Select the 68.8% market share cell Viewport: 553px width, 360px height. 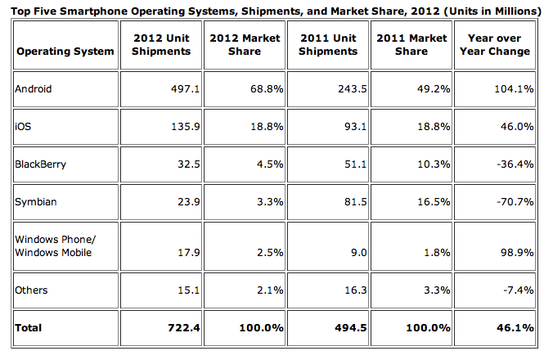(268, 88)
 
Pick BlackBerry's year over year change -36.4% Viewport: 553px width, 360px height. (516, 164)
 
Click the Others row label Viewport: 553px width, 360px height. (32, 290)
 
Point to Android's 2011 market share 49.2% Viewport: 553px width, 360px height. (434, 88)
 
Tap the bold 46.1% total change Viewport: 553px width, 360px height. (516, 327)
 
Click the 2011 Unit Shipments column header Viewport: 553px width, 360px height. (328, 44)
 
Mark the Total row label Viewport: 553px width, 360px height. (29, 327)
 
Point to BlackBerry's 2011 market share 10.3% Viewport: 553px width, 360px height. (434, 164)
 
